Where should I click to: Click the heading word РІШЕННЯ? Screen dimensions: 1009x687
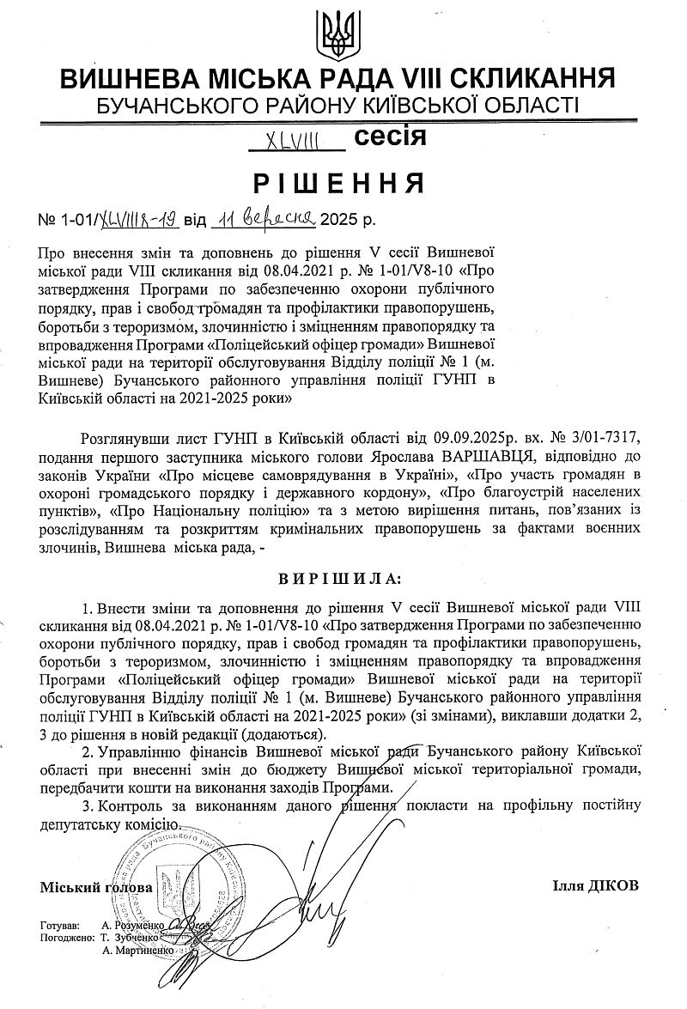[x=343, y=183]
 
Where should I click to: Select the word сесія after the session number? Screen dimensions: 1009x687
[x=389, y=136]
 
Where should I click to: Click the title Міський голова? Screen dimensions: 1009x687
[x=95, y=886]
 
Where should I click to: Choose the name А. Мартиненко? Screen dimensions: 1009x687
[x=137, y=951]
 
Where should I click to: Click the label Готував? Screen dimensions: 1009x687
[x=59, y=927]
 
